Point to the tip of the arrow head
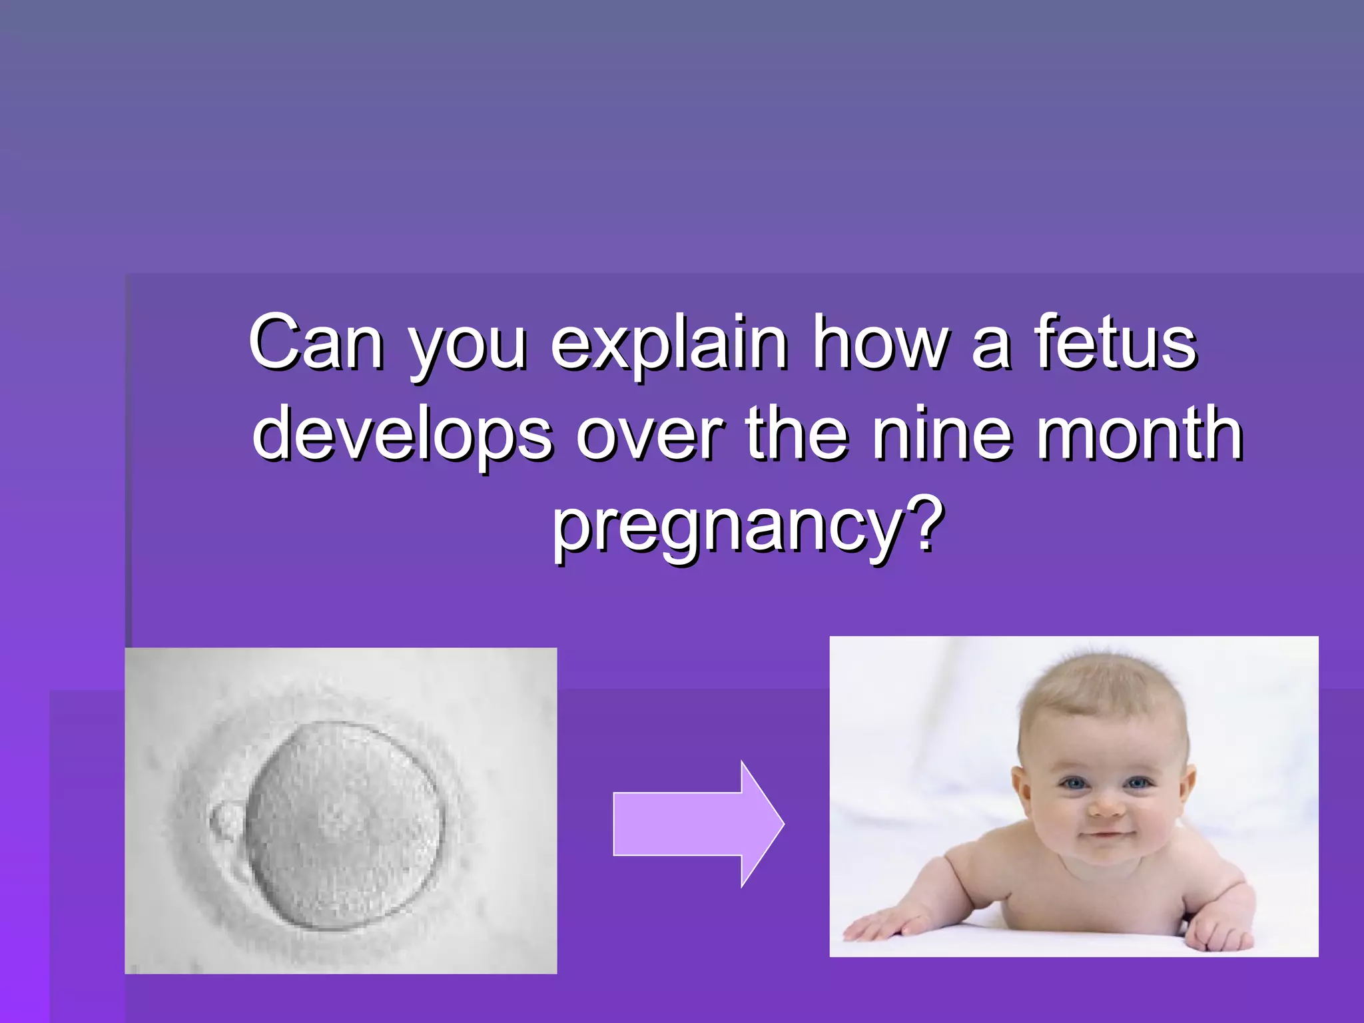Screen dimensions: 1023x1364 coord(783,824)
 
